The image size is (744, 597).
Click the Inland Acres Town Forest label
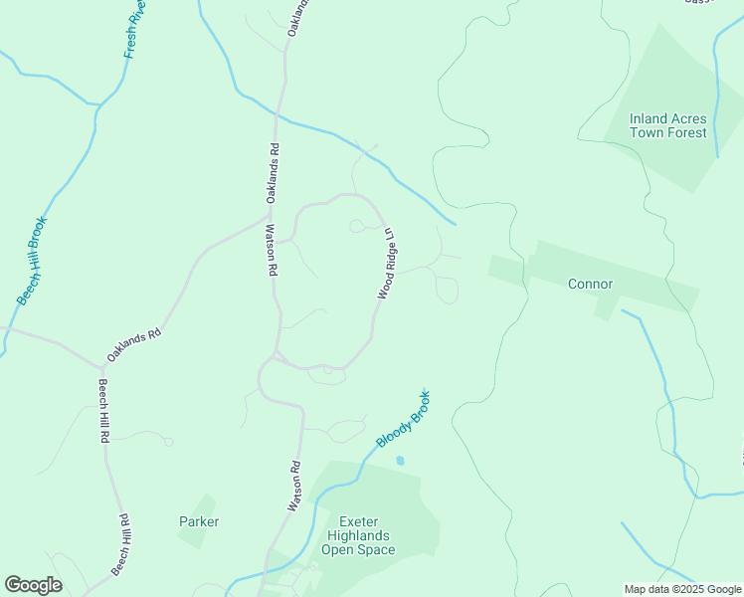pos(667,125)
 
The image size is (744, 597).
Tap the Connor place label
pos(590,284)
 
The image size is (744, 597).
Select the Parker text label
pos(199,521)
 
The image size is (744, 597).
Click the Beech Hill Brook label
pos(32,260)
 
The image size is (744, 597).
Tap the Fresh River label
pos(134,30)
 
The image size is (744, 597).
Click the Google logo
pos(33,584)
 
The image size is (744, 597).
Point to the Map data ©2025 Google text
pos(681,589)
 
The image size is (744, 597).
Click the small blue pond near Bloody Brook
pos(400,461)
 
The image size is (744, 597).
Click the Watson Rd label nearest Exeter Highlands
pos(294,487)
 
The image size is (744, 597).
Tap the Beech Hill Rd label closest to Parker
pos(122,544)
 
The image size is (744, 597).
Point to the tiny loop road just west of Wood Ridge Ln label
pos(357,227)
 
